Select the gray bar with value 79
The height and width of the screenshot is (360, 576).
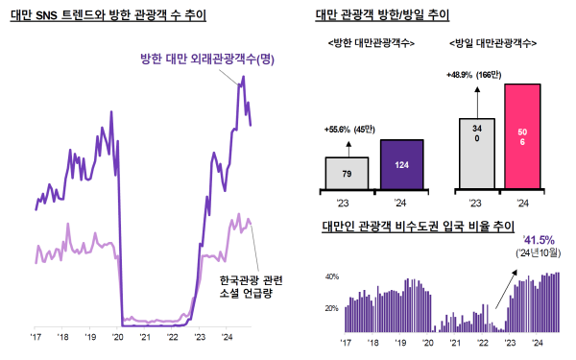coord(347,174)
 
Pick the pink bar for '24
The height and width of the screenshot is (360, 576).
coord(521,136)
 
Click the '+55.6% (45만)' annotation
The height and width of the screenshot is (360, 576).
coord(349,129)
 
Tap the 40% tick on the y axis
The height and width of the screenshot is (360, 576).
coord(332,276)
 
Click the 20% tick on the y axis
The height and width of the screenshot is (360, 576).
coord(332,308)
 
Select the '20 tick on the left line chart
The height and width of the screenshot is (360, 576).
coord(117,338)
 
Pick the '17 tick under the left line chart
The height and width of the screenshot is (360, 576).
coord(36,338)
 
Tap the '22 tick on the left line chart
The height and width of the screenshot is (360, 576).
coord(173,338)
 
